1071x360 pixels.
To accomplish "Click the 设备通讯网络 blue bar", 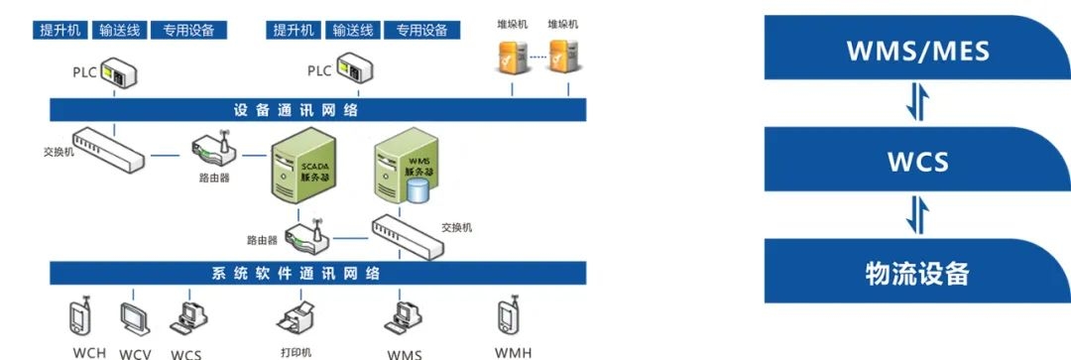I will [317, 109].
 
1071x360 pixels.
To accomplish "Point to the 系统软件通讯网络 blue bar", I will [317, 273].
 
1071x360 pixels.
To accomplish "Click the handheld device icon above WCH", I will [79, 315].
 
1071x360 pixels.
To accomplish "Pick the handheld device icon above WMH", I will [505, 314].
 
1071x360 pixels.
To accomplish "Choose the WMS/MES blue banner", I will [916, 50].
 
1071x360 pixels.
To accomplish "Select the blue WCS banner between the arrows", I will [916, 161].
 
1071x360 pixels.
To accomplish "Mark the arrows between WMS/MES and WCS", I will [917, 105].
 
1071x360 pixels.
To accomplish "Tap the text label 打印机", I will [296, 351].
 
